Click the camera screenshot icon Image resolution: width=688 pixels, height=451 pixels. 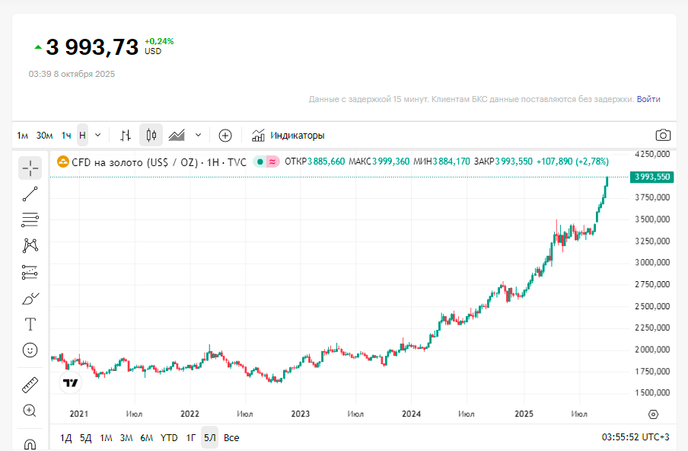663,136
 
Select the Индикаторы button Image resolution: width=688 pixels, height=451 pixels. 288,136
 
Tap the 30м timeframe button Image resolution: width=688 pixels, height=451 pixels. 45,136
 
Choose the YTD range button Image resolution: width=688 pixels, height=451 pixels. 169,438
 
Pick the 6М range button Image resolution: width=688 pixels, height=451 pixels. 147,438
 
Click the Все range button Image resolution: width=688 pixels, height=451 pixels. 231,438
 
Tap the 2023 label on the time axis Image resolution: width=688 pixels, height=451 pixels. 301,414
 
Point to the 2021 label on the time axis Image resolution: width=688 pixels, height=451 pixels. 79,414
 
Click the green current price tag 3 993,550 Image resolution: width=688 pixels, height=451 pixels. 651,177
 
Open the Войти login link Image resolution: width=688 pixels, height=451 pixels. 648,99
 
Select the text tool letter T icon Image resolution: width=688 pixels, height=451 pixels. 30,325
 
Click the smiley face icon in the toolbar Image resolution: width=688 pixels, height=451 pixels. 30,350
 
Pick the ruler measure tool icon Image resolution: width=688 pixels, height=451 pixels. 30,385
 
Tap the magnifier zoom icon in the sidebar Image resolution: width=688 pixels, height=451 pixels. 30,411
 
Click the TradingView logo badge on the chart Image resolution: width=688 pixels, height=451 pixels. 71,382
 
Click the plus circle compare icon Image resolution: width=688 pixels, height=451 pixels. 225,136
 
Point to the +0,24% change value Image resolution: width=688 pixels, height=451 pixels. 158,41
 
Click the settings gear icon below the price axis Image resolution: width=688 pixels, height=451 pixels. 653,414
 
